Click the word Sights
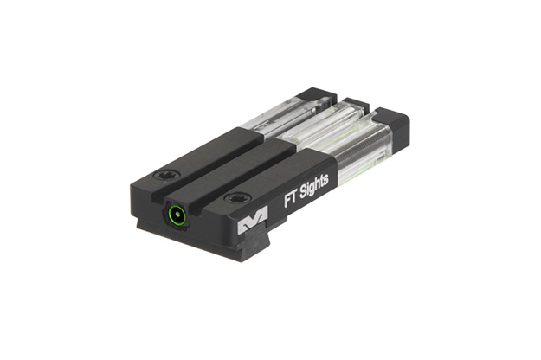(x=314, y=189)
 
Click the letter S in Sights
(x=303, y=193)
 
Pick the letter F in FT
(x=287, y=202)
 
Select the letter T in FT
(x=294, y=199)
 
